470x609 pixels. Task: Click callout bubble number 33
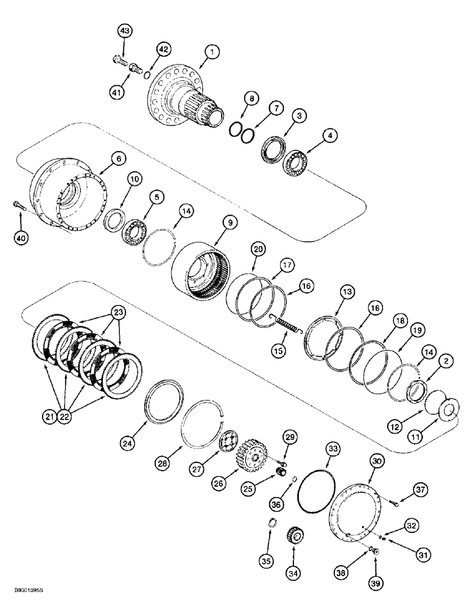point(315,449)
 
